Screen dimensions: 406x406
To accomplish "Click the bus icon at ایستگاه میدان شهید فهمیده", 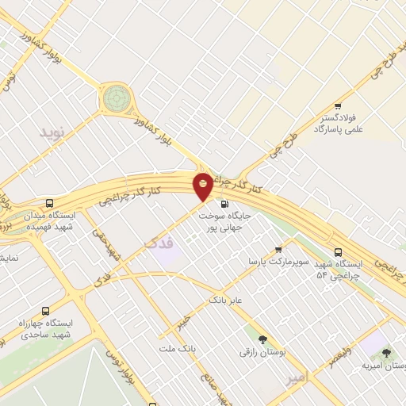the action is [50, 204].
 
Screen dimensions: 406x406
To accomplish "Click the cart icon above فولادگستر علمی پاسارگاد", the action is [338, 106].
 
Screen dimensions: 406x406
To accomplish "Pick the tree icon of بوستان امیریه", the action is [387, 353].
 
